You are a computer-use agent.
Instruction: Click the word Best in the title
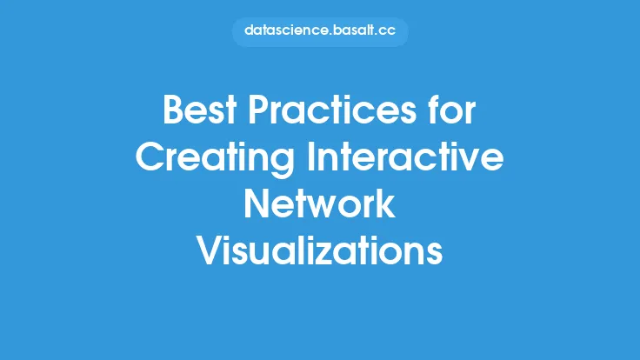coord(200,110)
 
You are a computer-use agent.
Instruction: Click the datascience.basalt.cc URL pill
coord(320,31)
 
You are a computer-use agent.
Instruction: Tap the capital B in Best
coord(172,110)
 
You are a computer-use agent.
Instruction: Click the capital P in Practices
coord(259,110)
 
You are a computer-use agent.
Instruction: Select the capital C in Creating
coord(150,157)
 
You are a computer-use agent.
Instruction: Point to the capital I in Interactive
coord(310,157)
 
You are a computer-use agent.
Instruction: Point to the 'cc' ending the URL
coord(387,32)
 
